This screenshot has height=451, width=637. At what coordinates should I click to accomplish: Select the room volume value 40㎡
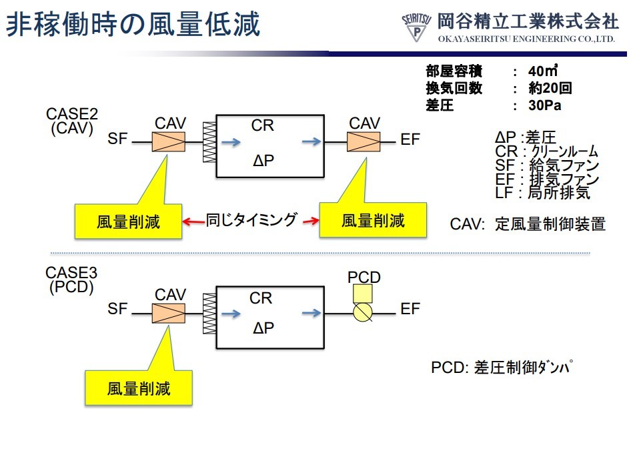click(x=542, y=71)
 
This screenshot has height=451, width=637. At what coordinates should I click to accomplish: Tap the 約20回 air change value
click(x=549, y=88)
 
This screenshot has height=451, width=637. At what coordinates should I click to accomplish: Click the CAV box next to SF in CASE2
click(x=170, y=141)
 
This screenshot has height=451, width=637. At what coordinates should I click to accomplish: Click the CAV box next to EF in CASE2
click(x=364, y=141)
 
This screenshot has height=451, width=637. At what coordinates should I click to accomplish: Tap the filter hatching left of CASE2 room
click(x=209, y=141)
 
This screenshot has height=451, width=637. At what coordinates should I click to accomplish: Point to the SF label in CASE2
click(x=117, y=139)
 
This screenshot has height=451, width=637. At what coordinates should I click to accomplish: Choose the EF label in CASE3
click(x=410, y=310)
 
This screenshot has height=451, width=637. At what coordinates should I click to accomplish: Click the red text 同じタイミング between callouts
click(x=251, y=220)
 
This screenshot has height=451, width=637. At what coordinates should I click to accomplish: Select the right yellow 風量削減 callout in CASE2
click(x=373, y=221)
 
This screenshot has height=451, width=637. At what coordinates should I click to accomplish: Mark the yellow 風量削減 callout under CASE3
click(x=138, y=388)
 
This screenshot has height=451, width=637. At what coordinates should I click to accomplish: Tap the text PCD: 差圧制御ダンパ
click(x=502, y=368)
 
